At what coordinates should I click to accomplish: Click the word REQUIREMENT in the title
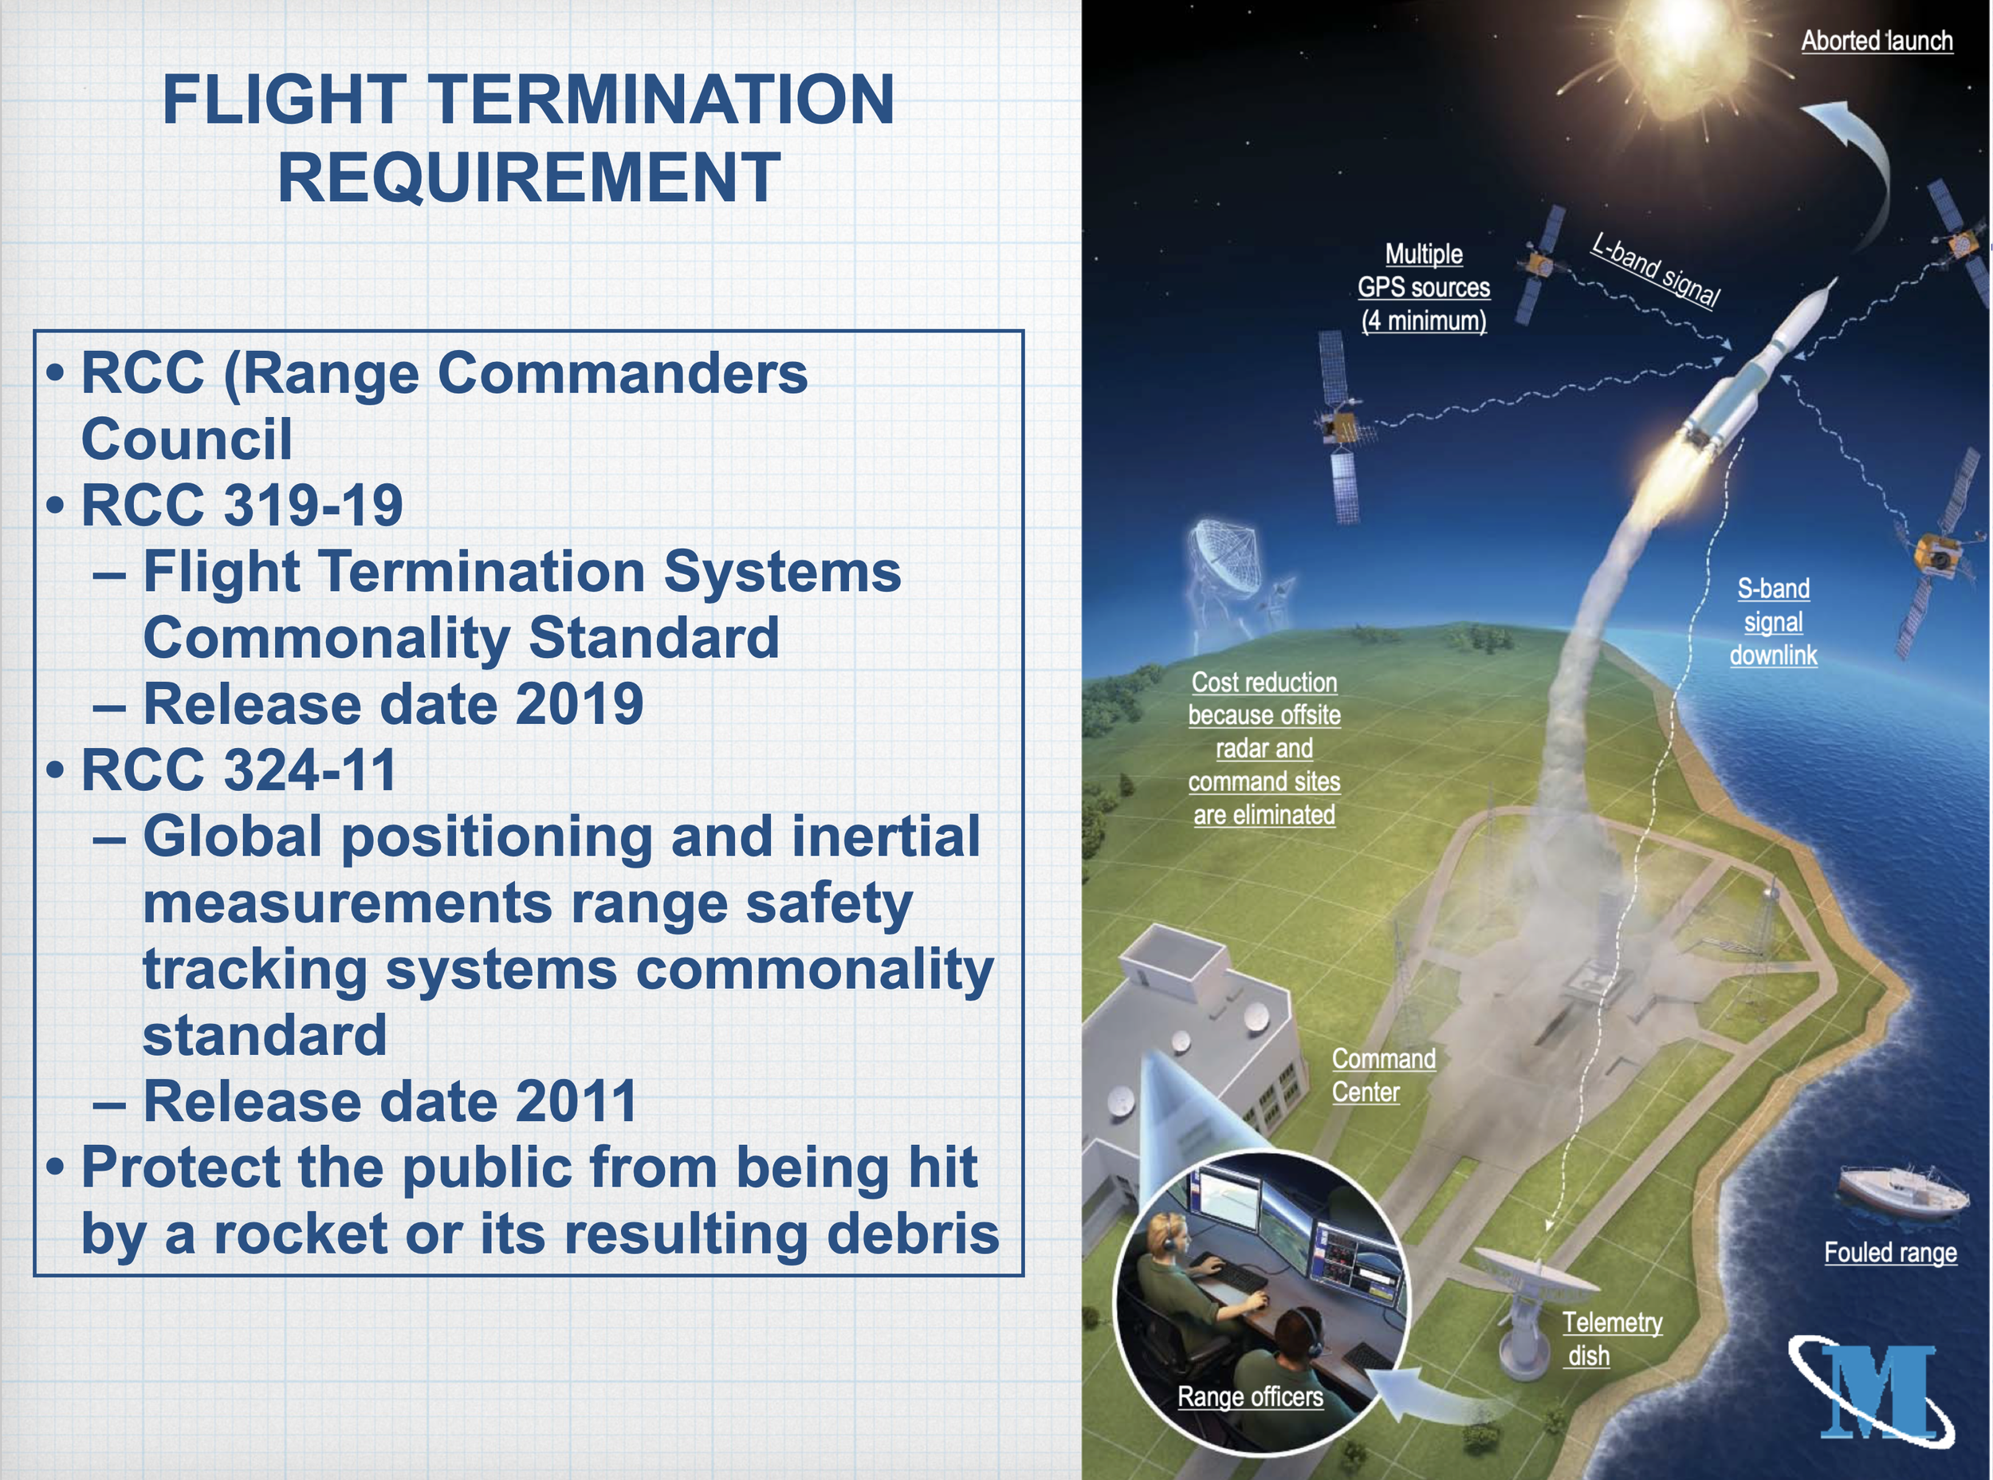click(x=529, y=176)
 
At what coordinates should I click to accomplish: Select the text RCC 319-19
click(x=242, y=505)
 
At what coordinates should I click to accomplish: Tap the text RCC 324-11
click(x=238, y=770)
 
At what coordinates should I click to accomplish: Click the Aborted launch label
click(x=1877, y=41)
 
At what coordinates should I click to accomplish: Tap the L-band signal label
click(x=1655, y=270)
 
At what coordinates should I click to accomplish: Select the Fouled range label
click(x=1890, y=1253)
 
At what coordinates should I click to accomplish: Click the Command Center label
click(x=1383, y=1075)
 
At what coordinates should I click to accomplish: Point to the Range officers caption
click(x=1249, y=1397)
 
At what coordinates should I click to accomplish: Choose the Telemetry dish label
click(x=1612, y=1338)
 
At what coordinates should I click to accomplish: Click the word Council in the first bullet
click(x=187, y=439)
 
